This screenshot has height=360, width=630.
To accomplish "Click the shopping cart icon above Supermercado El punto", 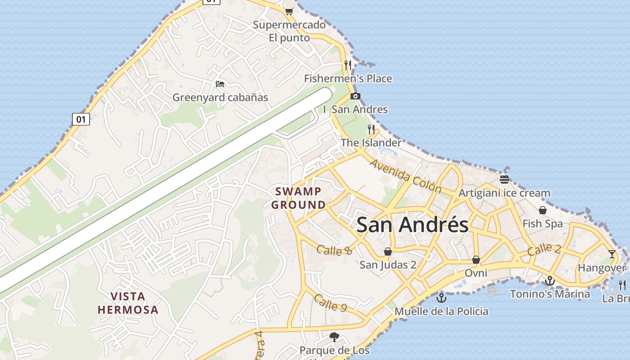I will coord(289,11).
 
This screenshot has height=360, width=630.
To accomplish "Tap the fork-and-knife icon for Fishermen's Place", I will coord(347,65).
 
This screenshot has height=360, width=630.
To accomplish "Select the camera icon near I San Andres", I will coord(355,96).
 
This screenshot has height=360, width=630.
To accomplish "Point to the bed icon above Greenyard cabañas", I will coord(220,84).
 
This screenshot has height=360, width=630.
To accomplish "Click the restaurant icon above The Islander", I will coord(371,130).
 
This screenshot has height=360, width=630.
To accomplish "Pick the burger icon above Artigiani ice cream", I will coord(504,180).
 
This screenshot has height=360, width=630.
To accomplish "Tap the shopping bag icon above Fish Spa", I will coord(543,210).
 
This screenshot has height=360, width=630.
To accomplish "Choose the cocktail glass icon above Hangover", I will coord(612,254).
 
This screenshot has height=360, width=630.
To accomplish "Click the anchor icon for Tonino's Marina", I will coord(549,281).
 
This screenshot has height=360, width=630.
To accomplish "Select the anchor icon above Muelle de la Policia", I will coord(441,297).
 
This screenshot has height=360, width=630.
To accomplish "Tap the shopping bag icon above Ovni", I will coord(476,260).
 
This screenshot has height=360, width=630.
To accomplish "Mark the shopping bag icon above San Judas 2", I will coord(388,251).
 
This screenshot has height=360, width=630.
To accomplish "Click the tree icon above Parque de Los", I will coord(334,337).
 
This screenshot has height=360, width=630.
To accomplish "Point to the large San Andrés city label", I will coord(412,225).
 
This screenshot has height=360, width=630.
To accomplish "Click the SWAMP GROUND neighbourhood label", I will coord(298,198).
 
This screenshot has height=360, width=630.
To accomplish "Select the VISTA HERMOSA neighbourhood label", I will coord(128,303).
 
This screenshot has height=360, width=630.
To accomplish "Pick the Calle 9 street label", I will coord(331,303).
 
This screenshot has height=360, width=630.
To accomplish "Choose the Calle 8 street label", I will coord(334,250).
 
